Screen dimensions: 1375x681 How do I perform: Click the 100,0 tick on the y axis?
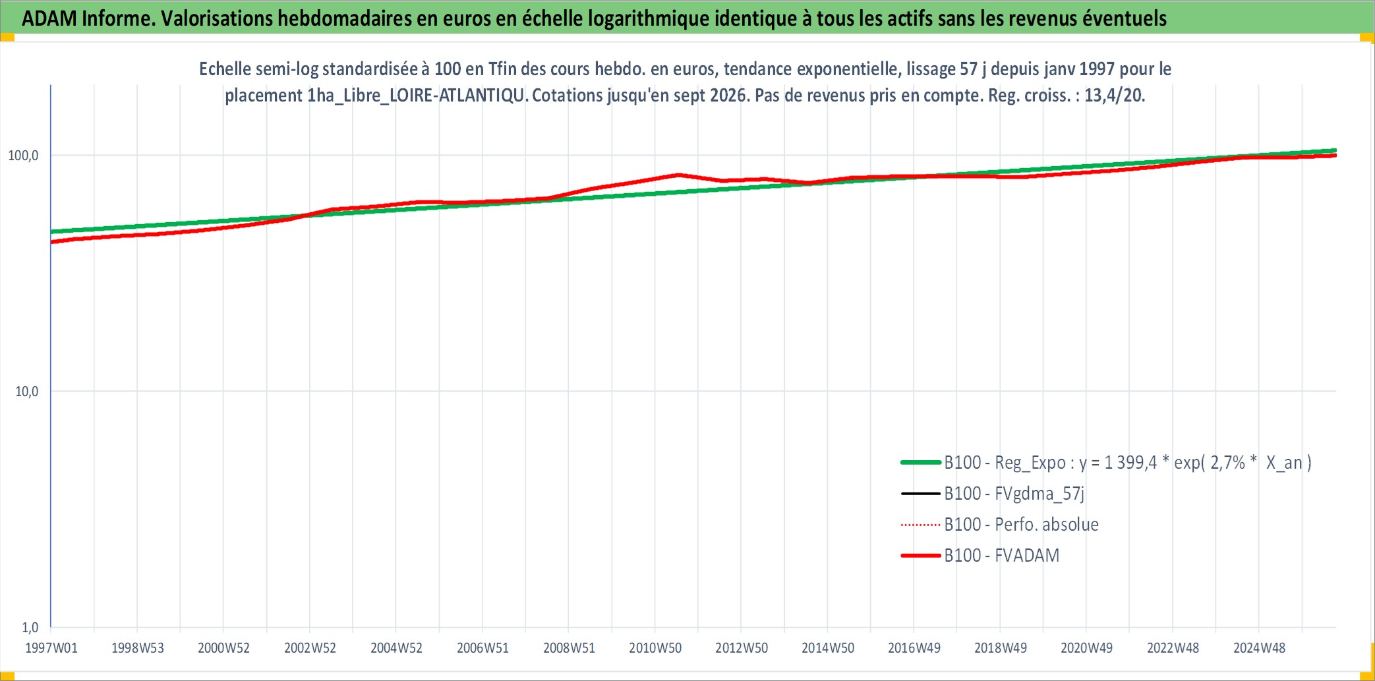click(x=23, y=156)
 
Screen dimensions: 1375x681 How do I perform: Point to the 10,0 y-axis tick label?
click(x=26, y=392)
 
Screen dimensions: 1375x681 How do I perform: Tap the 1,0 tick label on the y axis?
click(x=30, y=627)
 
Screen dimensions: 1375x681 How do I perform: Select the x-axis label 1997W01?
click(x=51, y=648)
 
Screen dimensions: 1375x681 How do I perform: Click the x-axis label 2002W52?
click(x=310, y=648)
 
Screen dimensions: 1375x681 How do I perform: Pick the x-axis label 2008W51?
click(x=569, y=648)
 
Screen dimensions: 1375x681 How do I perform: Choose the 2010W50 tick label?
click(x=655, y=648)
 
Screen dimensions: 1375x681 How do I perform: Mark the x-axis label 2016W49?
click(x=914, y=648)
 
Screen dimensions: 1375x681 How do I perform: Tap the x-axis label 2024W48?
click(x=1259, y=648)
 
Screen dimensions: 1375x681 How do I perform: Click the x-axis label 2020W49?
click(x=1086, y=648)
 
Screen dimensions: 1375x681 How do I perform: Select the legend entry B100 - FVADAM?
click(x=1002, y=556)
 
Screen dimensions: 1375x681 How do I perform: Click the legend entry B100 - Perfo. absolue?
click(x=1022, y=525)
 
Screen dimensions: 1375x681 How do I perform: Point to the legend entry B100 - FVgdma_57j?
click(x=1014, y=494)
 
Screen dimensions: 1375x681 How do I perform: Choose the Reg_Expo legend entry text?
click(x=1128, y=463)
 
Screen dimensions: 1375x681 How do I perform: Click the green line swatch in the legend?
click(x=920, y=463)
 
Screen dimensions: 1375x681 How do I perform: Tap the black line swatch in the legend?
click(x=920, y=494)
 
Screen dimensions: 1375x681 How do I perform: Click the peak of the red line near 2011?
click(x=678, y=175)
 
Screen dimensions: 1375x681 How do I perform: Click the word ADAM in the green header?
click(x=49, y=18)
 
